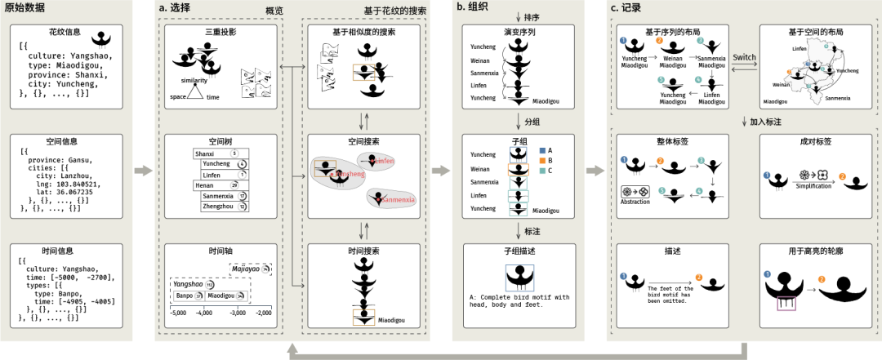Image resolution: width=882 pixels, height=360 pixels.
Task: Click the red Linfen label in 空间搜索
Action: pyautogui.click(x=385, y=161)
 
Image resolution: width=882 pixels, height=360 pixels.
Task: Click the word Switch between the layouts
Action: pyautogui.click(x=744, y=59)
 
